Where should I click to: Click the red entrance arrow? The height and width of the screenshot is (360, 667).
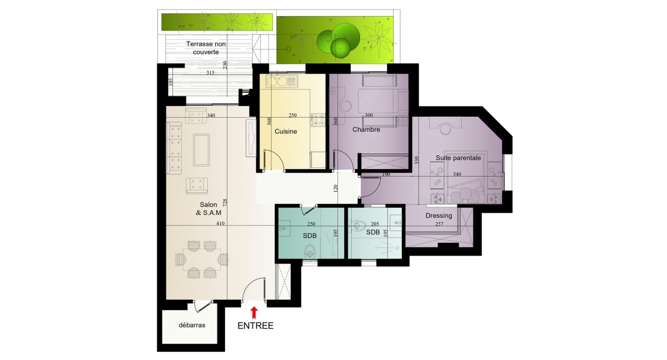point(253,313)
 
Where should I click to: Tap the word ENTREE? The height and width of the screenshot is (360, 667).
point(256,326)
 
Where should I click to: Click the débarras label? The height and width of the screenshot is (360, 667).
point(192,325)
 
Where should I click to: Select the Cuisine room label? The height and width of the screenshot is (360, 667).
point(286,132)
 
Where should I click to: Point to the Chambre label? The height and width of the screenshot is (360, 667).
point(366,129)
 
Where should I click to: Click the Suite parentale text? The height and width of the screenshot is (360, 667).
point(458,158)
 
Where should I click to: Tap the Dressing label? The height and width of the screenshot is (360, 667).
point(439,216)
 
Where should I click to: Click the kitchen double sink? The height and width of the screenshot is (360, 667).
point(282,81)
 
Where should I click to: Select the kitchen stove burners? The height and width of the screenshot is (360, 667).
point(318,119)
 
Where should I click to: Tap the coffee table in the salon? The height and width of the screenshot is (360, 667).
point(201,149)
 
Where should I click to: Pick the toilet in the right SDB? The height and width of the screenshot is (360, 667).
point(358,225)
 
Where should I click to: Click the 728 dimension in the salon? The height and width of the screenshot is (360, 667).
point(225,203)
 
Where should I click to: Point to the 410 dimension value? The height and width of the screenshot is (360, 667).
point(220,223)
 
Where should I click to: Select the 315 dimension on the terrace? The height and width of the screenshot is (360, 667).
point(210,73)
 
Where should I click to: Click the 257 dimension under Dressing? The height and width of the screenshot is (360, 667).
point(439,224)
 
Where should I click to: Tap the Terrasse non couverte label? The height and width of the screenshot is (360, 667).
point(206,48)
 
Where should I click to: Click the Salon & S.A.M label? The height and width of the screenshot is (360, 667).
point(208,209)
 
